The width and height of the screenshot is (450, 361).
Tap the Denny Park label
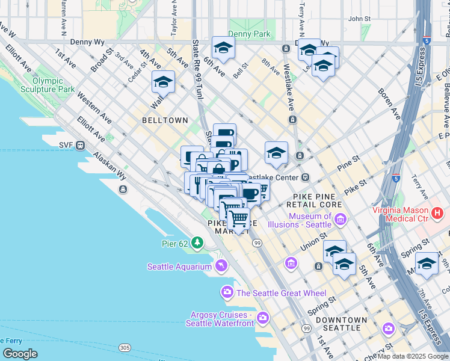tap(254, 34)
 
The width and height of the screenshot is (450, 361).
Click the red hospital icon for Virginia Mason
tap(437, 212)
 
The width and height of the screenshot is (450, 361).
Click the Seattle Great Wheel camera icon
tap(227, 292)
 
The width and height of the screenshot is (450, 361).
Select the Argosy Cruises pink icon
tap(262, 317)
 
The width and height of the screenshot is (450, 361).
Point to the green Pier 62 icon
tap(197, 243)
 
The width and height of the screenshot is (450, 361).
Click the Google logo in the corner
tap(20, 354)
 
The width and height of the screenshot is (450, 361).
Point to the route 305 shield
tap(125, 348)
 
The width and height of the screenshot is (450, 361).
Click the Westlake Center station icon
tap(306, 177)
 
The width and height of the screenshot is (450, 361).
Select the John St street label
tap(359, 19)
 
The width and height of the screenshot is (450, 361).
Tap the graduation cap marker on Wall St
tap(162, 82)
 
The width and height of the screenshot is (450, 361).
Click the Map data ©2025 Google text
tap(413, 356)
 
